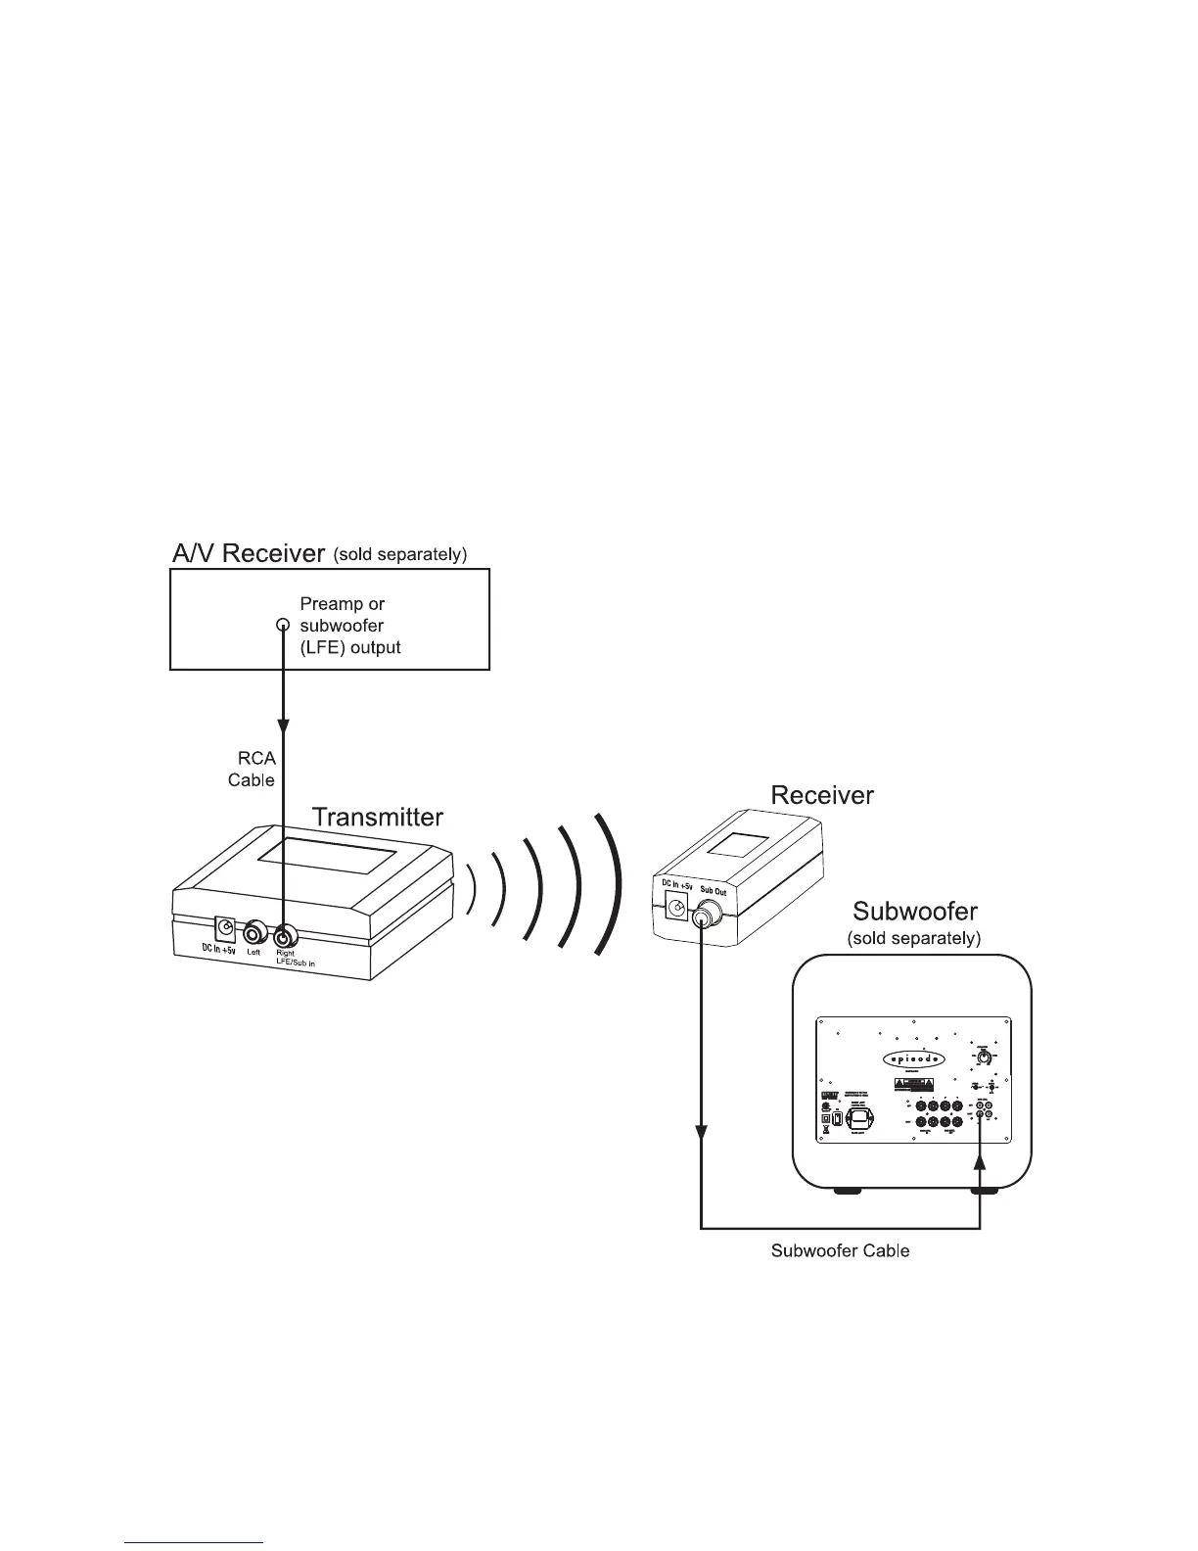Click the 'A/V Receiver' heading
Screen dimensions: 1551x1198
[x=248, y=554]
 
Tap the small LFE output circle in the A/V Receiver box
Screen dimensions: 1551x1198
[x=283, y=625]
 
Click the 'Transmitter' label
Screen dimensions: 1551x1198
[x=377, y=816]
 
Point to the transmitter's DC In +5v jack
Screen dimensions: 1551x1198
[x=225, y=928]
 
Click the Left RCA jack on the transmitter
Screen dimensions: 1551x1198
[x=257, y=931]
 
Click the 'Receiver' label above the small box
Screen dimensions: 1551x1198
[x=822, y=795]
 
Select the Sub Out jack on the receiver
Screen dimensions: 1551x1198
[x=703, y=920]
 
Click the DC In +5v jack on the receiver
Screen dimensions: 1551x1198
[x=674, y=908]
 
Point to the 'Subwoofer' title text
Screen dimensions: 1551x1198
[x=915, y=912]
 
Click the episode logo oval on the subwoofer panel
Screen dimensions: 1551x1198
[x=916, y=1058]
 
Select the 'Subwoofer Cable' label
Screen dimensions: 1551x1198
[x=840, y=1251]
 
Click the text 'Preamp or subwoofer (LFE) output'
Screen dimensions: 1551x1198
[x=350, y=626]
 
